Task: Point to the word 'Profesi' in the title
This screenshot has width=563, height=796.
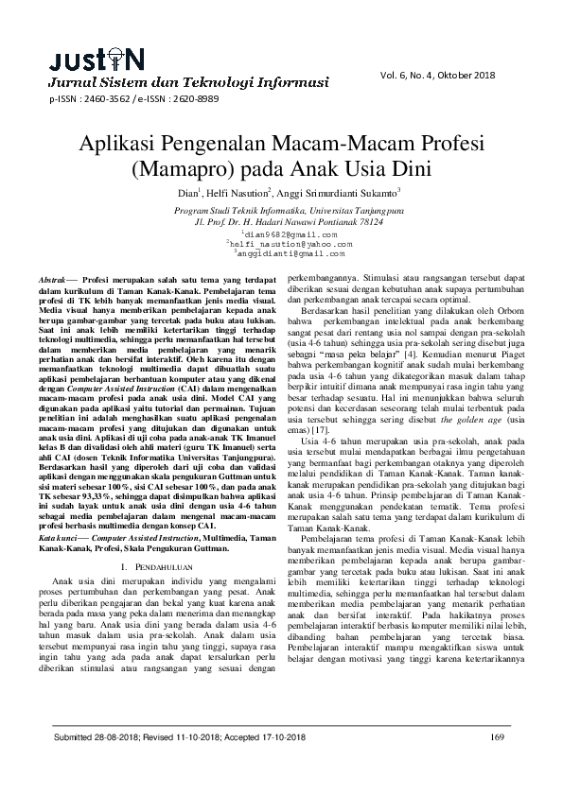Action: (440, 147)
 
